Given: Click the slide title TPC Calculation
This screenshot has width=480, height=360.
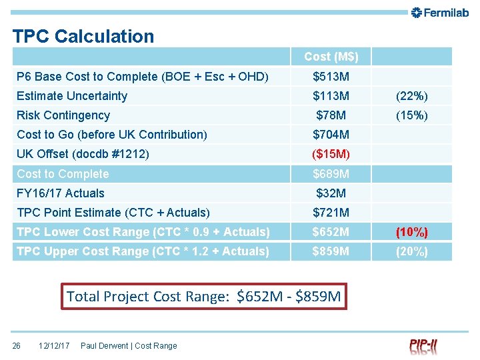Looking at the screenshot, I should [x=83, y=36].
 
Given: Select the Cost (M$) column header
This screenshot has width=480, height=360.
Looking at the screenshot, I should [x=331, y=57].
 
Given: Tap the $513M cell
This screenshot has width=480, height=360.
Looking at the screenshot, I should [x=331, y=77].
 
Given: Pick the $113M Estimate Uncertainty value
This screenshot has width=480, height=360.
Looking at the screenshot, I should [x=331, y=96].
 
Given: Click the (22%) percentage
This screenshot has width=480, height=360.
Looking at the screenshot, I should [x=411, y=96].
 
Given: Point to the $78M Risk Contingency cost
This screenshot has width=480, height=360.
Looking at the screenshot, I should [x=331, y=115].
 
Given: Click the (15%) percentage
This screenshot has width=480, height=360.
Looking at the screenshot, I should [x=411, y=115].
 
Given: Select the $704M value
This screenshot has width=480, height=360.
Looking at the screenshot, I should [x=331, y=135].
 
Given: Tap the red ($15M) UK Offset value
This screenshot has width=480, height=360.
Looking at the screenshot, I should [x=331, y=154].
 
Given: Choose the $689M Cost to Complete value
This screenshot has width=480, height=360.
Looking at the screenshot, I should [x=331, y=174].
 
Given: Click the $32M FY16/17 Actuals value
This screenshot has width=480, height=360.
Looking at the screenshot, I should [x=331, y=193].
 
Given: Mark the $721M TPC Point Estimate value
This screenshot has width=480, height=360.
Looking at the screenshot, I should [x=331, y=213].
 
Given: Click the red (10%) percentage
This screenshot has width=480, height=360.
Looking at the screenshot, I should [x=411, y=232].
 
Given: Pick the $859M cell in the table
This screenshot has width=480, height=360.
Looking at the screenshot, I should [x=331, y=251].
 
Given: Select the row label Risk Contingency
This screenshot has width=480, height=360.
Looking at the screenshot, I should [x=63, y=115].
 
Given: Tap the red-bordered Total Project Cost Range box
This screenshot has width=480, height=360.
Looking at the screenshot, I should [x=204, y=296].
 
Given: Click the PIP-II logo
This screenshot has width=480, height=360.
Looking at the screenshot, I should [x=423, y=346].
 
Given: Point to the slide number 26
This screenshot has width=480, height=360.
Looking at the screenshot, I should [x=17, y=345].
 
